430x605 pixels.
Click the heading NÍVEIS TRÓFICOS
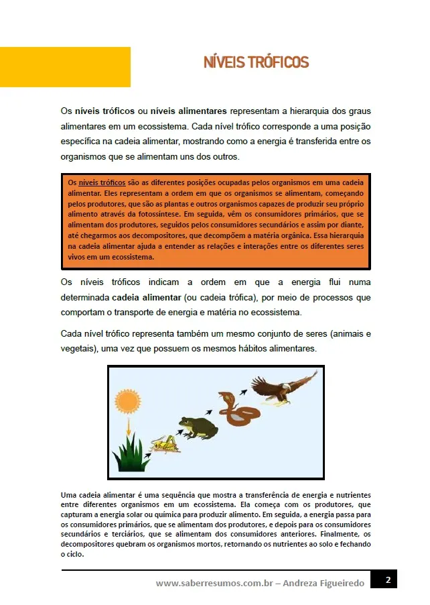click(257, 63)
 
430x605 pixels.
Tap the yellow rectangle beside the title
click(65, 67)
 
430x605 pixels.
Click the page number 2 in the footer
click(387, 580)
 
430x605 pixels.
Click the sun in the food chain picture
click(127, 402)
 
